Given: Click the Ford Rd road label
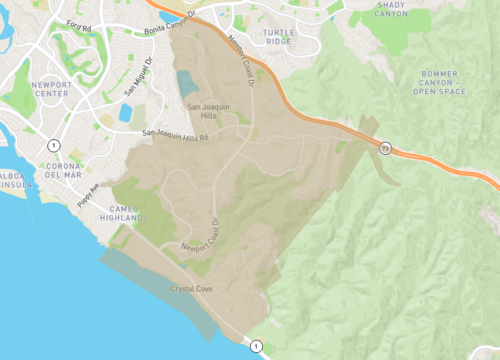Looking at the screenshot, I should [x=79, y=23].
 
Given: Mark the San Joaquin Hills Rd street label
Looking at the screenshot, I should [x=176, y=134].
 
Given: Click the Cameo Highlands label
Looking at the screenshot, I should [x=127, y=212].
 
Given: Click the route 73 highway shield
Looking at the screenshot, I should [x=384, y=147].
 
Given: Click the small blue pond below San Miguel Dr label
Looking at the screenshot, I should [x=125, y=112].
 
